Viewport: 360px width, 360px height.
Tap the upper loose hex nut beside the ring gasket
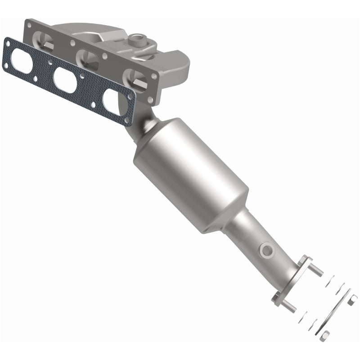(352, 299)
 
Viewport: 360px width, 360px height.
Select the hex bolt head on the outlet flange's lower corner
(277, 297)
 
